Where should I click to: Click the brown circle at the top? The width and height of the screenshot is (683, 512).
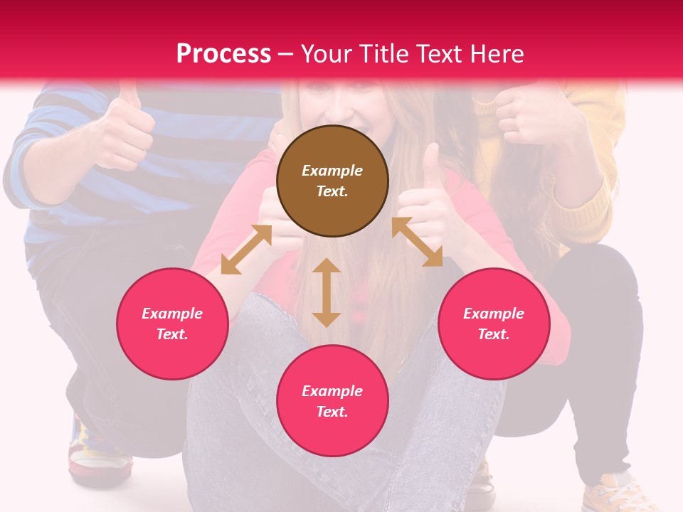[x=332, y=181]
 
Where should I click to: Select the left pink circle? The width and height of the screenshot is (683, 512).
[x=172, y=324]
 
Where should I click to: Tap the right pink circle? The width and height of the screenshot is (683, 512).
[x=493, y=324]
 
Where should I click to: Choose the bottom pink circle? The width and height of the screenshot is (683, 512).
[x=332, y=402]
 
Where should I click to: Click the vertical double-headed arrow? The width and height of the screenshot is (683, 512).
[x=327, y=292]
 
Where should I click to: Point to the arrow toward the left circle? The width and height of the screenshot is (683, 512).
[x=246, y=250]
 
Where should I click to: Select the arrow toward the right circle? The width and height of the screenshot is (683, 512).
[x=417, y=242]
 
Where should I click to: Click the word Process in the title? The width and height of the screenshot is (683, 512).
[x=223, y=54]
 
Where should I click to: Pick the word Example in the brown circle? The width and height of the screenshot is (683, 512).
[x=332, y=171]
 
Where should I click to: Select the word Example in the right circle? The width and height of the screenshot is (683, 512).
[x=493, y=314]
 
